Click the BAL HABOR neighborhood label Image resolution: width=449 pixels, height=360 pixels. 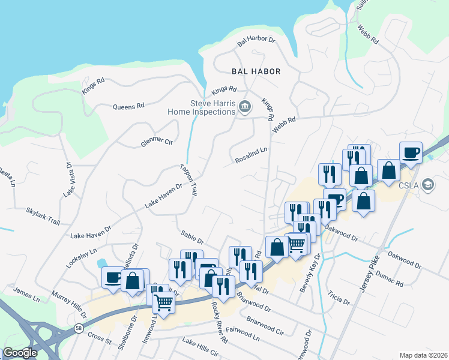pyautogui.click(x=256, y=71)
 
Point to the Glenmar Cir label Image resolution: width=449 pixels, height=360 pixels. pyautogui.click(x=157, y=142)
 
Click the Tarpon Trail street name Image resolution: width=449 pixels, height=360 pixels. pyautogui.click(x=188, y=179)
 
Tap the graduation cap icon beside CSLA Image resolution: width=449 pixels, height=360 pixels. pyautogui.click(x=428, y=185)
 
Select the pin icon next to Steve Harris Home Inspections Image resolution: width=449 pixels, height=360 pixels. pyautogui.click(x=245, y=107)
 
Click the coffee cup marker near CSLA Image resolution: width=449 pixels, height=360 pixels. pyautogui.click(x=411, y=153)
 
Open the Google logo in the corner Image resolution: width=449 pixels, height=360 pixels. pyautogui.click(x=20, y=353)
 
